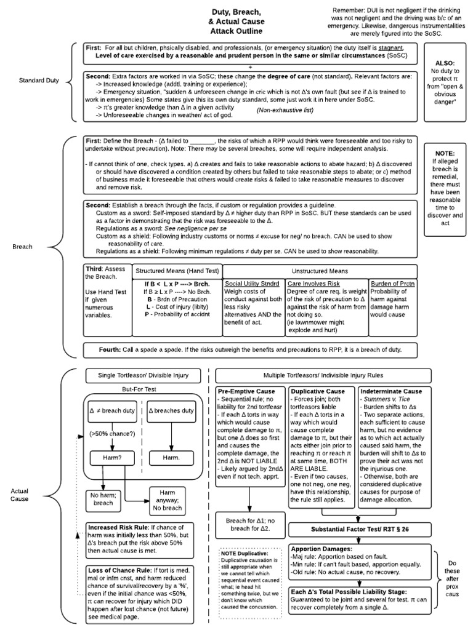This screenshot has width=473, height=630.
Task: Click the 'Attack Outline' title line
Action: click(x=236, y=30)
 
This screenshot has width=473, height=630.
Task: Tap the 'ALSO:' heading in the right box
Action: click(x=445, y=63)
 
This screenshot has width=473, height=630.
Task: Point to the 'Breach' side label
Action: click(x=23, y=247)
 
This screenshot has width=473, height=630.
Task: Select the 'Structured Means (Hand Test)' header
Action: click(x=177, y=271)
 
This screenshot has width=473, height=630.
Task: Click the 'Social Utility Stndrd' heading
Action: click(x=253, y=283)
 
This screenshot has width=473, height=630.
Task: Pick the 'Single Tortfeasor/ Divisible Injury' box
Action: click(x=144, y=375)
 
